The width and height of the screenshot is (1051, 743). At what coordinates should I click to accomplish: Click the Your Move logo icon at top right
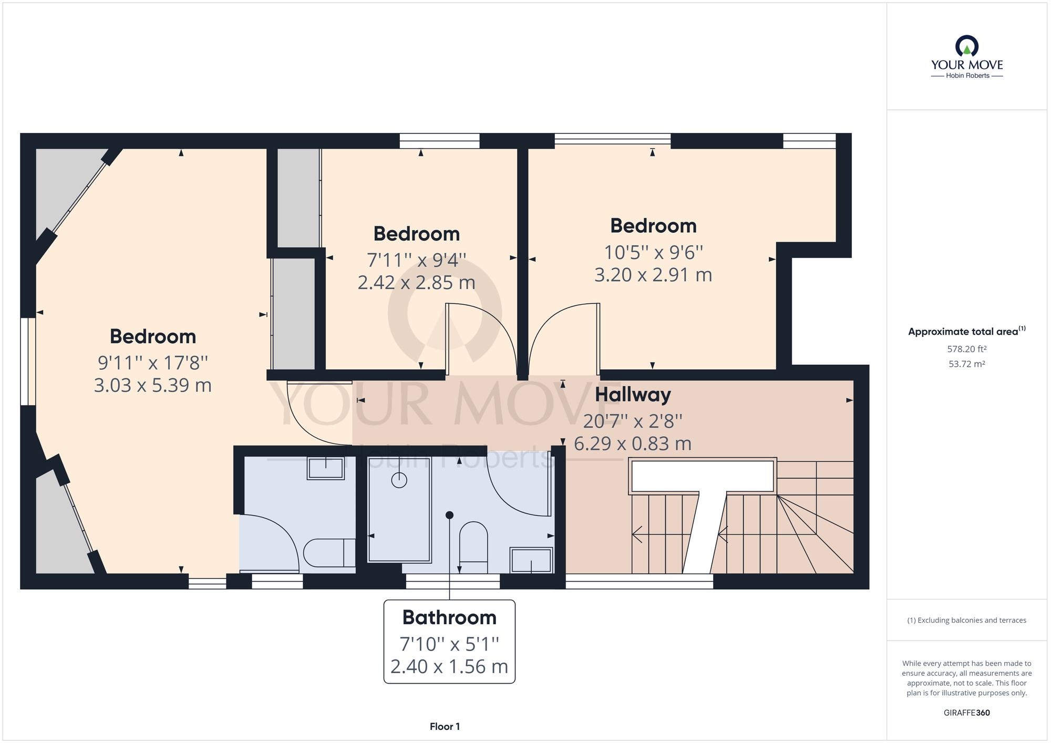pos(967,46)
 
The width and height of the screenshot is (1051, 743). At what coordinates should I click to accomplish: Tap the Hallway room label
pos(633,395)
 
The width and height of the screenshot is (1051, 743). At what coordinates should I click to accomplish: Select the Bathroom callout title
pos(449,617)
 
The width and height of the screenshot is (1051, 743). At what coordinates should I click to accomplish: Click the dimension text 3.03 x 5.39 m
pos(153,385)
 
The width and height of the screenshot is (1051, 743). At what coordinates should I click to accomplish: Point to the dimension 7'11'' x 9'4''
pos(417,260)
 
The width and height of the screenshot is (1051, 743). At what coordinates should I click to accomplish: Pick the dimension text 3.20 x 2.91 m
pos(653,275)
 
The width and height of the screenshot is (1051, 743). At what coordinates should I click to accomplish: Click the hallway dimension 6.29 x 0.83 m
pos(633,444)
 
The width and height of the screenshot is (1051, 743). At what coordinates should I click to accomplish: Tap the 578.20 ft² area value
pos(967,349)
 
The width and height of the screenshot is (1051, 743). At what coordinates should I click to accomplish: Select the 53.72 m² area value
pos(967,364)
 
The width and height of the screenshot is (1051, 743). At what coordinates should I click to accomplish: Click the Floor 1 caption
pos(445,727)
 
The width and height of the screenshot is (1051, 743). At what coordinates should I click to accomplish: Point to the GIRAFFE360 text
pos(967,713)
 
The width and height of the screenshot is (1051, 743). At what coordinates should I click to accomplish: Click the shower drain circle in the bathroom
pos(399,480)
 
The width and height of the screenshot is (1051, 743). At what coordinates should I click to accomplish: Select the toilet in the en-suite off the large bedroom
pos(329,553)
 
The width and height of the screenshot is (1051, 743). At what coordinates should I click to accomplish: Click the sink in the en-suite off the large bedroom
pos(326,468)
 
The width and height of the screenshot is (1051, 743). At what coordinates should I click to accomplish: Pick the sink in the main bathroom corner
pos(531,560)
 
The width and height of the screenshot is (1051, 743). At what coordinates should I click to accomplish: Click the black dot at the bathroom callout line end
pos(449,515)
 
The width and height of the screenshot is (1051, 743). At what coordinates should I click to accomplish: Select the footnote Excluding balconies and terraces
pos(967,620)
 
